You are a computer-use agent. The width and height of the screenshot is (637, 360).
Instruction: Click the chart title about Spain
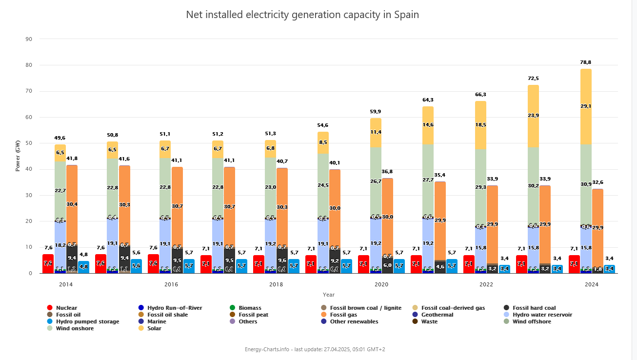(x=302, y=15)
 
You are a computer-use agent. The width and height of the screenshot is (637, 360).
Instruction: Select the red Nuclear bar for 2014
(x=48, y=264)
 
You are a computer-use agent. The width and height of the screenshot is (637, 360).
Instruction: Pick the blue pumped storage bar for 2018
(x=294, y=266)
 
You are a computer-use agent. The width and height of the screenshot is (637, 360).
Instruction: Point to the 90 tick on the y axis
(x=29, y=39)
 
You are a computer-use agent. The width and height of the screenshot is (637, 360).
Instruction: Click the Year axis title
(x=328, y=295)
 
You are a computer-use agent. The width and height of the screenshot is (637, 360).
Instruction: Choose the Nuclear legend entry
(x=66, y=308)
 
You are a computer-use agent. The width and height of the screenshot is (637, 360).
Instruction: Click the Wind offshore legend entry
(x=532, y=321)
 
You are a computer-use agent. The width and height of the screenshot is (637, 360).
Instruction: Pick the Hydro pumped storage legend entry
(x=87, y=321)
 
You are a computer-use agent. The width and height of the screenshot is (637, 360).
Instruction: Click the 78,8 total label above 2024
(x=586, y=62)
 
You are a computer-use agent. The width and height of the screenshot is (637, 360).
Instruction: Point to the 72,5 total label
(x=533, y=79)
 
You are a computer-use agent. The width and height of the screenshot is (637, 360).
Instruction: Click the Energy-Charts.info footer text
(x=315, y=349)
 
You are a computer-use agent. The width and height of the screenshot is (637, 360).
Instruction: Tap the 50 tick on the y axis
(x=29, y=143)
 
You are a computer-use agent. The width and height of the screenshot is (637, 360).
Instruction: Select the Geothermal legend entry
(x=437, y=315)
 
